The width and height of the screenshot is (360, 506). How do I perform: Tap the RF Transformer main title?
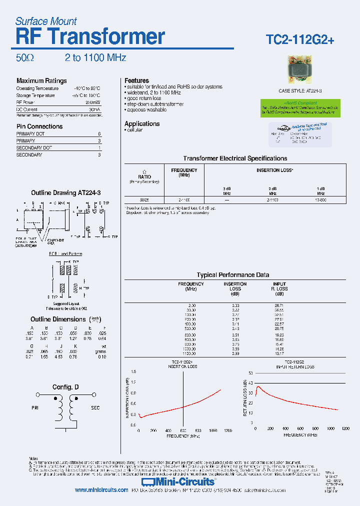[90, 37]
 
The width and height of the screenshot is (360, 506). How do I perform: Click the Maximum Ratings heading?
[41, 81]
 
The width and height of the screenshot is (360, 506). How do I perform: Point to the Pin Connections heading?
[39, 126]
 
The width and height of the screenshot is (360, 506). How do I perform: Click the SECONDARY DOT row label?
[34, 148]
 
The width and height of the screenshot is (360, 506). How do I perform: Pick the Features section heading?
[136, 80]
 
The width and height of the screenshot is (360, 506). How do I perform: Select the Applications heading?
[142, 123]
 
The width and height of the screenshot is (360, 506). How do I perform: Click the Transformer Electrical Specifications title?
[235, 158]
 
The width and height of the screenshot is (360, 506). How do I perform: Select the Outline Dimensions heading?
[58, 319]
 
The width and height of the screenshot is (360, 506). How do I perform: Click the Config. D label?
[65, 387]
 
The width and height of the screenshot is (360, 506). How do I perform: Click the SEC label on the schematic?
[95, 408]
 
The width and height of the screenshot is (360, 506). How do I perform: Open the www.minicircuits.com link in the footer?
[101, 490]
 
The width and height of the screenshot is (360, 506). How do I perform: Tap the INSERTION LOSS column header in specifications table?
[274, 170]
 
